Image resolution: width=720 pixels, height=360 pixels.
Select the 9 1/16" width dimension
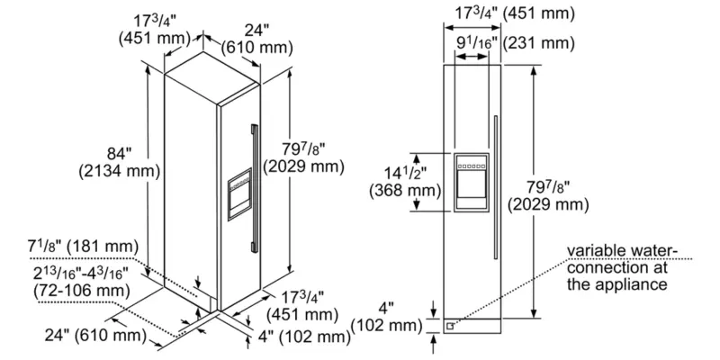472,42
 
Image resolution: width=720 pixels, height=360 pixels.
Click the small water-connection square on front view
449,327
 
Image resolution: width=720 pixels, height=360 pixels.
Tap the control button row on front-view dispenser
471,164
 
